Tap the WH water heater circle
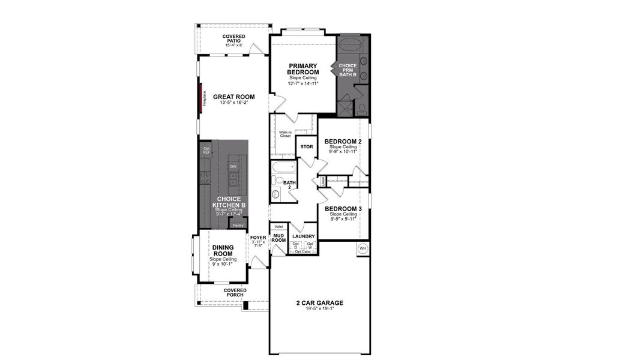[x=363, y=248]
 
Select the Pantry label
[x=238, y=225]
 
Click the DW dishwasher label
[x=232, y=167]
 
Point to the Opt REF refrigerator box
[x=206, y=151]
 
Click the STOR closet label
[x=306, y=146]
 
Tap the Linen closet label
[x=323, y=180]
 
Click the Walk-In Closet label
[x=285, y=134]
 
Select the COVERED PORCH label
[x=235, y=293]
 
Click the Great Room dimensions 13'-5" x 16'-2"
[x=233, y=103]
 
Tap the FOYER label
[x=258, y=238]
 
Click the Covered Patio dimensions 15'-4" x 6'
[x=233, y=45]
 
